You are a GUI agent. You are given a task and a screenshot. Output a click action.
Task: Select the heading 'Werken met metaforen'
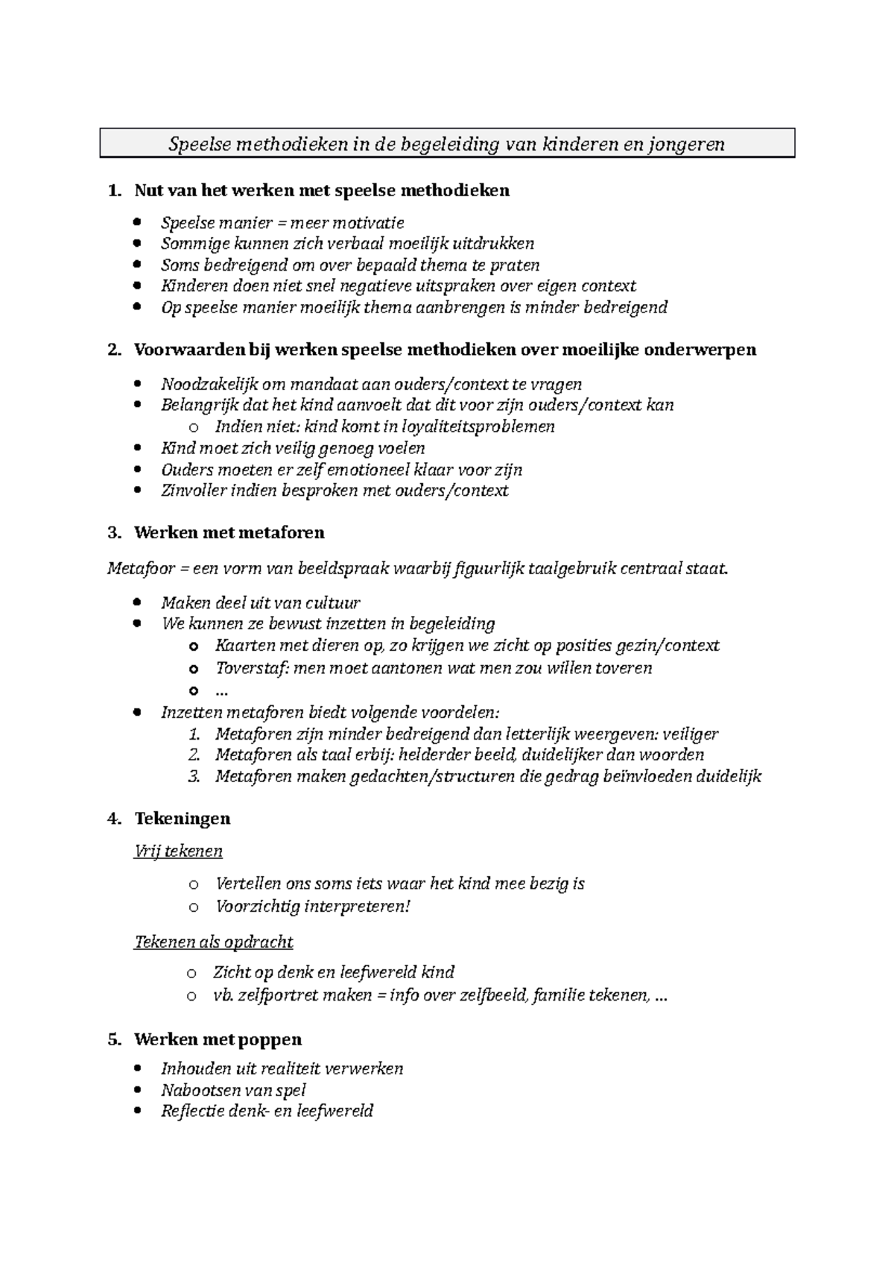pos(229,532)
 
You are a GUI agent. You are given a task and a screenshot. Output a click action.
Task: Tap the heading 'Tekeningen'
pos(182,818)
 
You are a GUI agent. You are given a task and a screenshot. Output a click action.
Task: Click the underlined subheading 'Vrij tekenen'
pos(178,851)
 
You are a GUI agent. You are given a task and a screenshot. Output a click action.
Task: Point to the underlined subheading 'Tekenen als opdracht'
pos(213,942)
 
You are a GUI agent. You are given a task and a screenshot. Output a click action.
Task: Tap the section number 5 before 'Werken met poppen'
pos(114,1039)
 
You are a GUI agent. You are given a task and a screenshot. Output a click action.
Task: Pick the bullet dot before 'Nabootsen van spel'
pos(136,1090)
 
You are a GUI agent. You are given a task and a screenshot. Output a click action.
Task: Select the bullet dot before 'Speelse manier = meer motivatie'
pos(136,222)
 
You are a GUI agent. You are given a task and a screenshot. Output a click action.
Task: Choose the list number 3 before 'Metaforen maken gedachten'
pos(194,776)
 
